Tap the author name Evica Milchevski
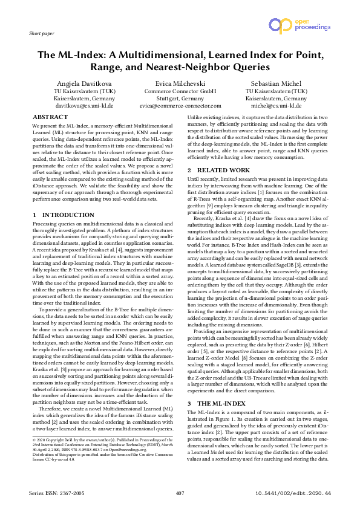[x=180, y=83]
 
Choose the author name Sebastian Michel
[x=276, y=83]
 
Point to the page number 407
[x=180, y=494]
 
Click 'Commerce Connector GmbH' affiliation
[x=180, y=91]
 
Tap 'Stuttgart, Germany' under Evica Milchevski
[x=180, y=98]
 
